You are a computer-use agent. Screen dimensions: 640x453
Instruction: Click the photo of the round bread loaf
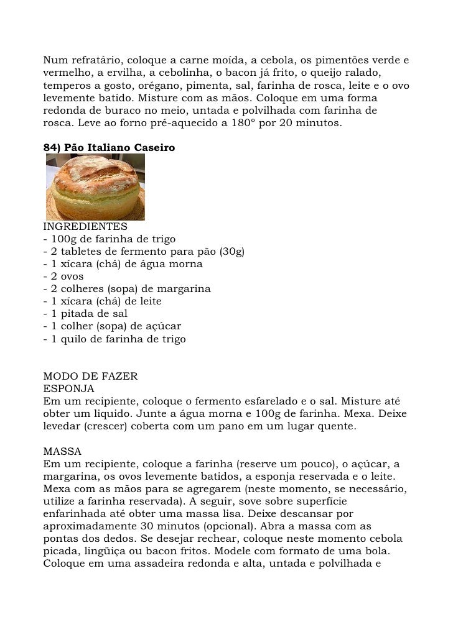(x=95, y=187)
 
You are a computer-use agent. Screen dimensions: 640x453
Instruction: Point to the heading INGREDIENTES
(x=85, y=227)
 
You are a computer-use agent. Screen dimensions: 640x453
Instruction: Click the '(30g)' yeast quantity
(x=230, y=252)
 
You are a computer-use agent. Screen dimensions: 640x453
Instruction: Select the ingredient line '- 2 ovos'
(x=62, y=277)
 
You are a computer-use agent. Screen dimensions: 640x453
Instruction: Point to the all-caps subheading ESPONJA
(x=68, y=390)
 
